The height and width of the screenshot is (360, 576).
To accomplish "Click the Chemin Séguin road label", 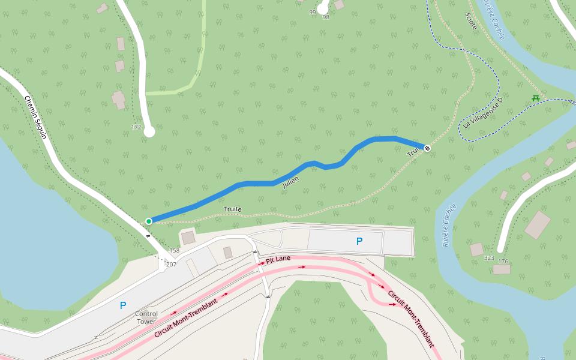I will point(35,117).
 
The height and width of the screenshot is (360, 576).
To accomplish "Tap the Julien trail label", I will point(291,181).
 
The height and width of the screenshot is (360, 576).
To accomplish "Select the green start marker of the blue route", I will point(149,221).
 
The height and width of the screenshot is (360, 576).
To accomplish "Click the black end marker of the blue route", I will point(427,148).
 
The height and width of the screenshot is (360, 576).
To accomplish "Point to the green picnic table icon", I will point(535,98).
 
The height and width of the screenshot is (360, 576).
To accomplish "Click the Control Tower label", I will point(146,317).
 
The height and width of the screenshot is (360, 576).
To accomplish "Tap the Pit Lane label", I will point(278,259).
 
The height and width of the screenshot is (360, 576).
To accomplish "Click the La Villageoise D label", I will point(483,113).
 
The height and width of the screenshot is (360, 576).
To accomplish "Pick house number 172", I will point(136,127).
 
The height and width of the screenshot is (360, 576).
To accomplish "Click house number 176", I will point(503,261).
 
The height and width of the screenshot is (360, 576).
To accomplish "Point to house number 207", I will point(171,265).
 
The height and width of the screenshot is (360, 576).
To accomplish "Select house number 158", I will point(175,251).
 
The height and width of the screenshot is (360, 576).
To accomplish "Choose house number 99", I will point(312,12).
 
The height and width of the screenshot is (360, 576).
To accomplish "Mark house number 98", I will point(326,17).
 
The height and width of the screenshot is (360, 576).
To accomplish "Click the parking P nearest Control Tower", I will point(123,305).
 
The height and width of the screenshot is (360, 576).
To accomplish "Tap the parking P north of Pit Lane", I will point(359,241).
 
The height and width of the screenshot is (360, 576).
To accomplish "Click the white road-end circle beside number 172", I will point(149,131).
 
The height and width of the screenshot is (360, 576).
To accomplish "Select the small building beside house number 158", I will point(188,237).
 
